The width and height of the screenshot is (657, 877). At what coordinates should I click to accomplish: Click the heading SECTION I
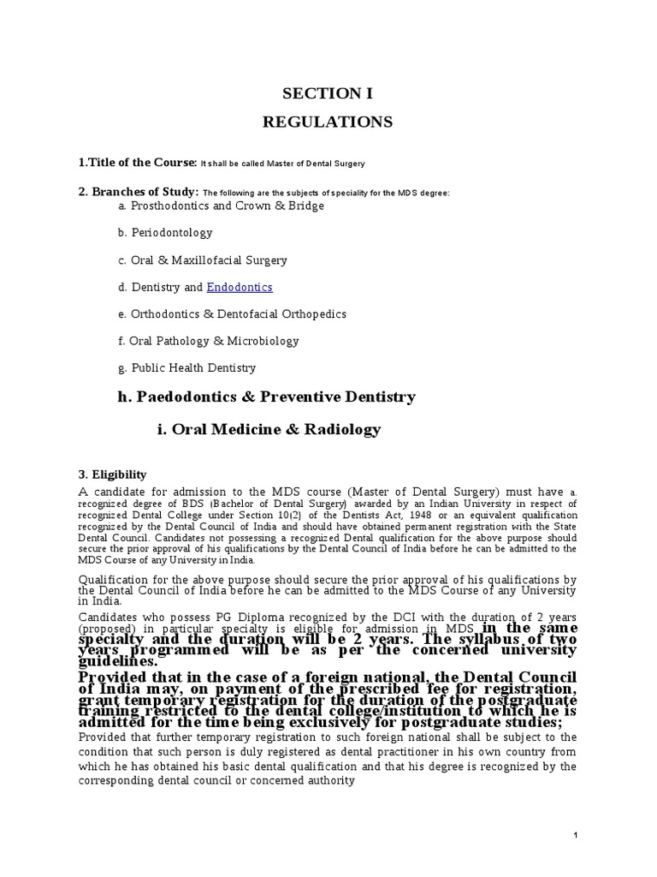[x=328, y=93]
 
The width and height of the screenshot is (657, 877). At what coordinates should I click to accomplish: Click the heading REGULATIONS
[x=328, y=122]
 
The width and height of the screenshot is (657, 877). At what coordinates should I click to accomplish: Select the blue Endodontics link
[x=240, y=288]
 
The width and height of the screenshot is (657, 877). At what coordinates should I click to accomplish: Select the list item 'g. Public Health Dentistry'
[x=187, y=368]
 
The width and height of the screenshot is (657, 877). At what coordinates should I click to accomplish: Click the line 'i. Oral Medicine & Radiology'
[x=269, y=430]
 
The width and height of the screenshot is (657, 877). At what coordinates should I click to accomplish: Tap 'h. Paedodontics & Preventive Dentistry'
[x=267, y=397]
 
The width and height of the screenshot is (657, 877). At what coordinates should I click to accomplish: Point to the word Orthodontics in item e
[x=164, y=314]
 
